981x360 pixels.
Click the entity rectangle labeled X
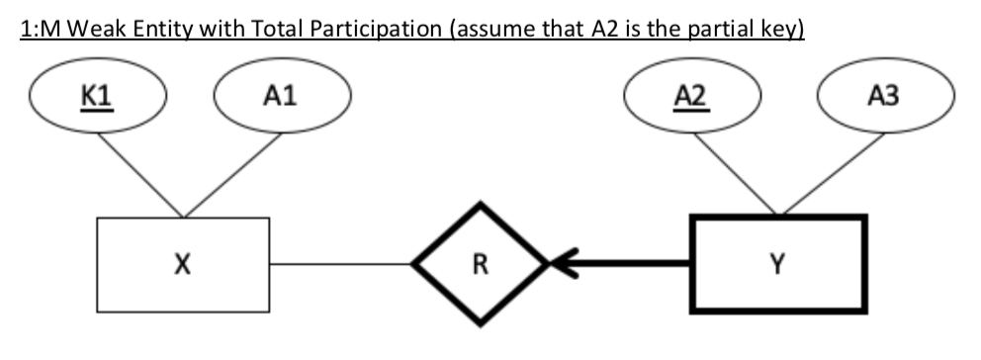click(183, 264)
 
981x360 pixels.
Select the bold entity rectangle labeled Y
click(777, 264)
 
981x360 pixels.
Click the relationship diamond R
click(479, 264)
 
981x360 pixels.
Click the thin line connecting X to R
click(340, 264)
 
